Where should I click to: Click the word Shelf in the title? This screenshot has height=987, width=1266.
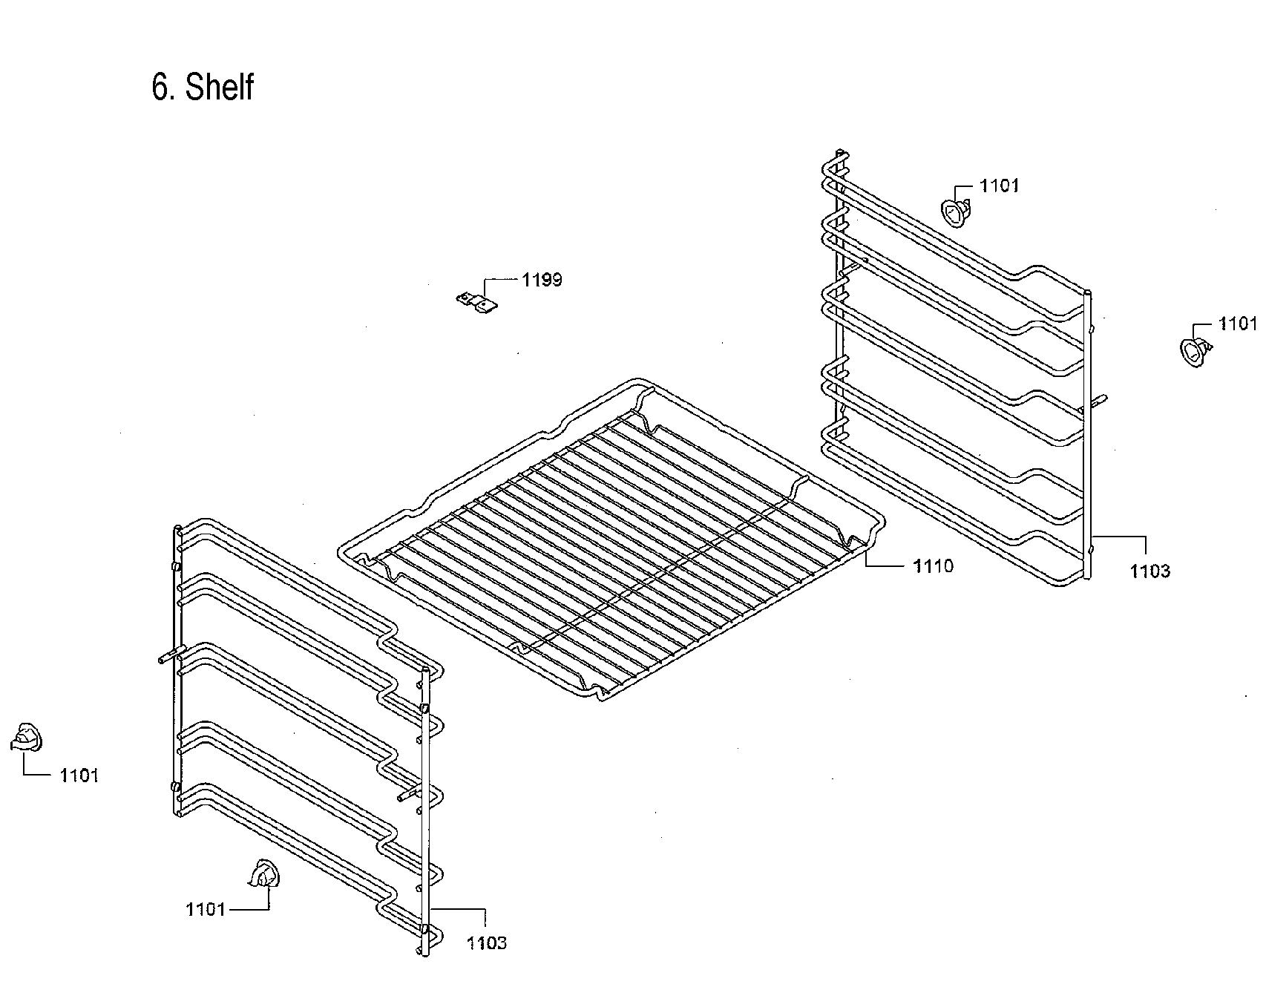pyautogui.click(x=219, y=88)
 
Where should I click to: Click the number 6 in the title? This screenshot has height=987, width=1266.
pyautogui.click(x=160, y=88)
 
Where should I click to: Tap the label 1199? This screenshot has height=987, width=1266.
pyautogui.click(x=542, y=280)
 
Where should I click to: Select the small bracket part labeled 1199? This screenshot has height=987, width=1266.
pyautogui.click(x=476, y=301)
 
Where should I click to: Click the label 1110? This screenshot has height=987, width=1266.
pyautogui.click(x=933, y=566)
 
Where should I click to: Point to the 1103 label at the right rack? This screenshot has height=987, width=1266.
pyautogui.click(x=1150, y=571)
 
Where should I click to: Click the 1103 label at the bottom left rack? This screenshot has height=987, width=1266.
pyautogui.click(x=487, y=943)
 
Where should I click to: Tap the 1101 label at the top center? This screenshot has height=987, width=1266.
pyautogui.click(x=999, y=186)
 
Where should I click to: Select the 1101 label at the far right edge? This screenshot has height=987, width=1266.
pyautogui.click(x=1237, y=324)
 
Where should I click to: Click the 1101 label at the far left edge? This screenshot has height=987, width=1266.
pyautogui.click(x=79, y=775)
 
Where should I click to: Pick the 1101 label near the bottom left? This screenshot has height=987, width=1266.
pyautogui.click(x=206, y=909)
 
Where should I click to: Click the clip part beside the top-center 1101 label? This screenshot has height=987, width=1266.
pyautogui.click(x=957, y=211)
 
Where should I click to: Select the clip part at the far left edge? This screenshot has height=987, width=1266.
pyautogui.click(x=27, y=738)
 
